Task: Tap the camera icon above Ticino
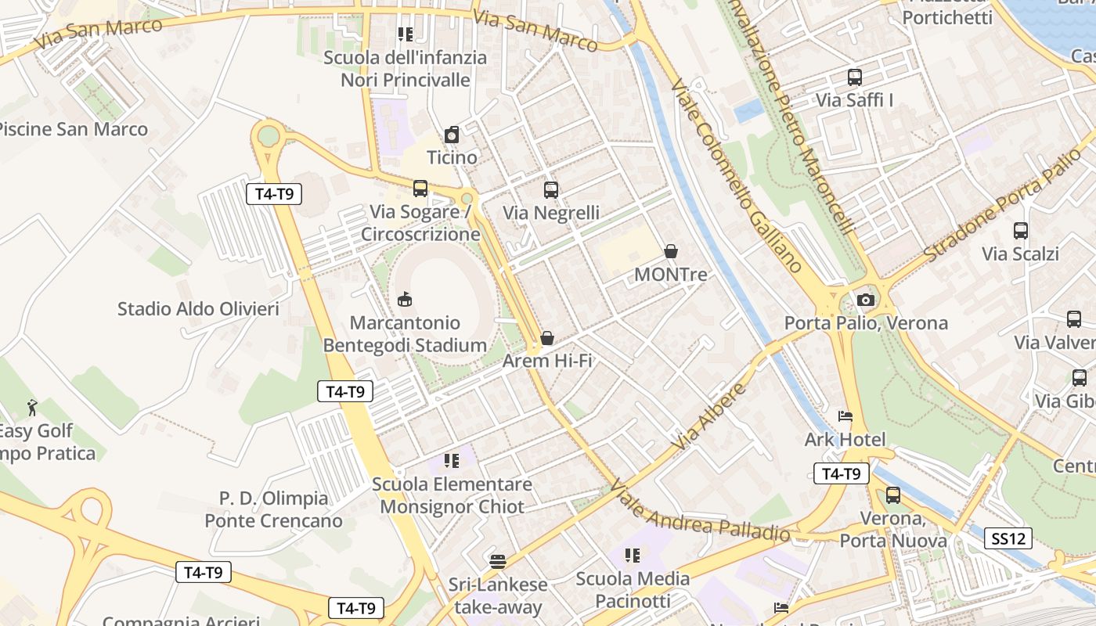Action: tap(452, 135)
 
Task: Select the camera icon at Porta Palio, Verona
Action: tap(865, 300)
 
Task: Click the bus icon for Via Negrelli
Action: tap(551, 189)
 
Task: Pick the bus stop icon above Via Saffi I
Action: tap(855, 77)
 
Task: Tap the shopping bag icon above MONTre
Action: tap(671, 251)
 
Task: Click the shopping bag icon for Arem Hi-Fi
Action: tap(547, 338)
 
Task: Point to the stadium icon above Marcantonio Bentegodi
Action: tap(405, 299)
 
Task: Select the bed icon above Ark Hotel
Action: tap(845, 416)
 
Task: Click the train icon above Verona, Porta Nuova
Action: tap(893, 495)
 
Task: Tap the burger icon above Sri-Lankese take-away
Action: tap(498, 561)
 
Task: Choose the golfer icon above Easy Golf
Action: tap(32, 407)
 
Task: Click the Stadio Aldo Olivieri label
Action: tap(198, 309)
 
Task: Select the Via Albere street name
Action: tap(710, 416)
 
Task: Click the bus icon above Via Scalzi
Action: tap(1021, 231)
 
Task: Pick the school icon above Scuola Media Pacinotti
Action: tap(633, 556)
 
